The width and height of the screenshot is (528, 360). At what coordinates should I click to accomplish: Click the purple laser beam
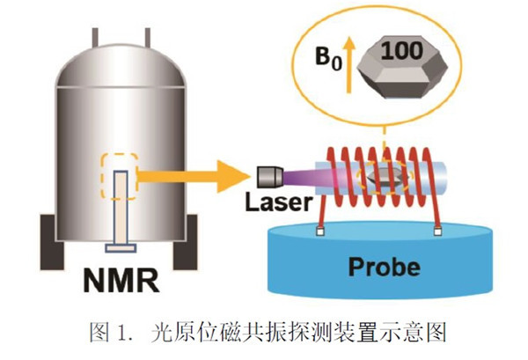pos(304,177)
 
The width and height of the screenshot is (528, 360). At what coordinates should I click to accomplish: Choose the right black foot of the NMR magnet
pos(184,253)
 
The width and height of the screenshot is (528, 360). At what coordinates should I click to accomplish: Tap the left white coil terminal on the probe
pos(324,233)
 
